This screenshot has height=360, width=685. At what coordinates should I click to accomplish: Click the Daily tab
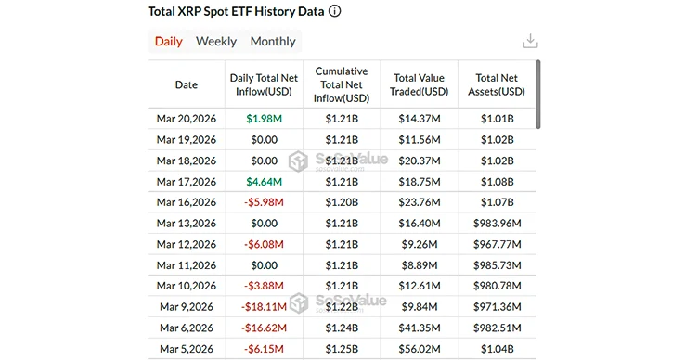(168, 42)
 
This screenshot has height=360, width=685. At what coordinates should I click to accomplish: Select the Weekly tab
(216, 42)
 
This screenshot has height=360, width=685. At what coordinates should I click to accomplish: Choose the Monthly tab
(273, 42)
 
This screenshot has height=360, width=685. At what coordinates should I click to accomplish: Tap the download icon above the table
(530, 42)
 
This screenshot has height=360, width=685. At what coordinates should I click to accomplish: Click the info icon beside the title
(334, 12)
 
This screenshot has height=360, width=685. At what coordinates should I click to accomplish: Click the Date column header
(187, 84)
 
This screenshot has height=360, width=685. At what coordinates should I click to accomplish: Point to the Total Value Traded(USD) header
(420, 84)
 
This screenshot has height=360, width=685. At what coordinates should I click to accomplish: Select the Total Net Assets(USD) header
(499, 84)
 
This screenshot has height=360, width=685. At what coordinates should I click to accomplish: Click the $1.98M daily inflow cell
(264, 119)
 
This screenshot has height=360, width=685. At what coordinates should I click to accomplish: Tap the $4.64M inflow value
(264, 182)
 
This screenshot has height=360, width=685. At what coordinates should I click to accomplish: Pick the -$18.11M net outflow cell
(264, 307)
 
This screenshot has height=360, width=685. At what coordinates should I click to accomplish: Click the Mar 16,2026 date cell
(187, 202)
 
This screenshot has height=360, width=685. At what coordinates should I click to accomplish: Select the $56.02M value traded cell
(420, 349)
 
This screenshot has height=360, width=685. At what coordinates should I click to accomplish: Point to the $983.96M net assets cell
(499, 224)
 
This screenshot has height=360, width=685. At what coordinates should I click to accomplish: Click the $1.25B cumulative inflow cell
(342, 349)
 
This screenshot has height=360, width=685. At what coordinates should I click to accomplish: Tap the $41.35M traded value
(420, 328)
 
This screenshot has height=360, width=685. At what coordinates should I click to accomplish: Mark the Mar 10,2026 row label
(187, 286)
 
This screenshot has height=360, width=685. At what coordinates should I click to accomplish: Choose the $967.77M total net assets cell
(499, 244)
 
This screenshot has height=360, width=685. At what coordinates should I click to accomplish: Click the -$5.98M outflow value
(264, 202)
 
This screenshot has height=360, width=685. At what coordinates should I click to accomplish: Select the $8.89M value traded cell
(420, 265)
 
